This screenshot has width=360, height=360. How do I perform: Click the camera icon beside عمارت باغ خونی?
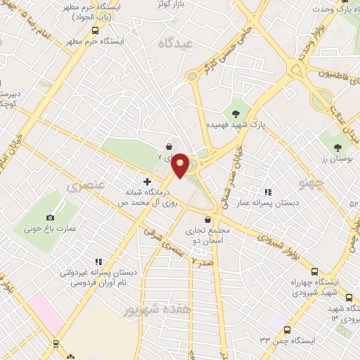point(49,218)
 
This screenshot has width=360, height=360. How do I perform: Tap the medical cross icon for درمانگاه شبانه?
point(147,181)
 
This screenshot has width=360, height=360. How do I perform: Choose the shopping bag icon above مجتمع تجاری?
point(209,219)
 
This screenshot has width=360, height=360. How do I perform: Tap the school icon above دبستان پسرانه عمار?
point(267,192)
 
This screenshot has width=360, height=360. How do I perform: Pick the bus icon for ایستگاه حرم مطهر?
point(96,31)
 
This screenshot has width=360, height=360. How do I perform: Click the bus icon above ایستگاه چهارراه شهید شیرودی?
point(315,271)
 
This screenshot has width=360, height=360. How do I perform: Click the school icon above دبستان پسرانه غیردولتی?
point(98,261)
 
